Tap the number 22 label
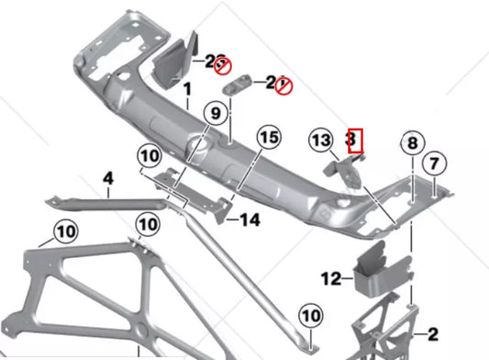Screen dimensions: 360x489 pyautogui.click(x=215, y=62)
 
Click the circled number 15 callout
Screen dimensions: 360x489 pyautogui.click(x=267, y=140)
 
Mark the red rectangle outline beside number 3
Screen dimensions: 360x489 pyautogui.click(x=357, y=141)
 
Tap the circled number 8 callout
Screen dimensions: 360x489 pyautogui.click(x=412, y=143)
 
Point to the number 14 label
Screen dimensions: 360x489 pyautogui.click(x=250, y=219)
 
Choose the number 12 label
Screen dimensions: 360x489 pyautogui.click(x=331, y=276)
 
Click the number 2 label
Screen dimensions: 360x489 pyautogui.click(x=433, y=334)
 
